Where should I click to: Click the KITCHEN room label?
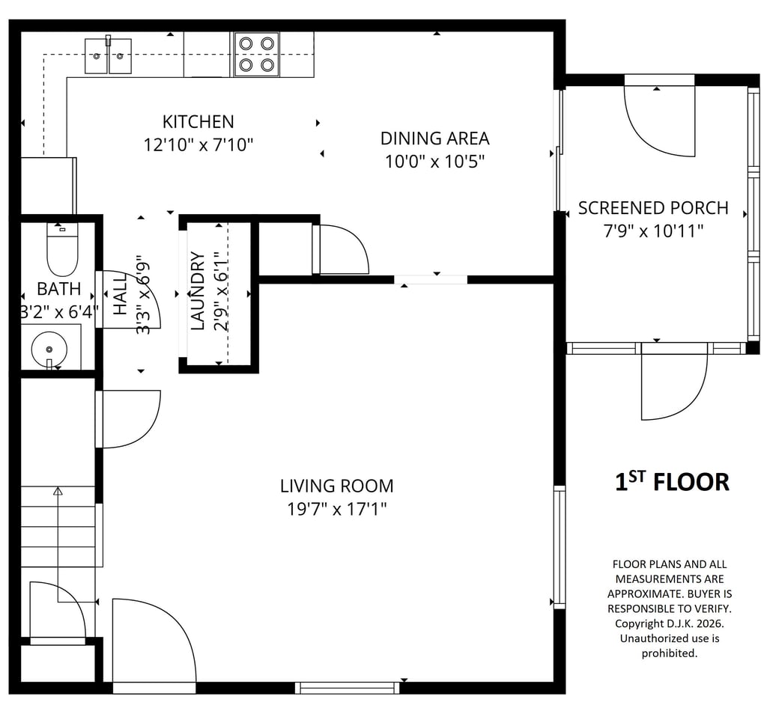pos(198,121)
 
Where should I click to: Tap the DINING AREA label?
pos(435,138)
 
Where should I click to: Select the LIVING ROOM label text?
pos(336,486)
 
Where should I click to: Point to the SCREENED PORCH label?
pos(653,208)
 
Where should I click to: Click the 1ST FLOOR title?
pos(672,481)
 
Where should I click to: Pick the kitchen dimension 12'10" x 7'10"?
pos(198,144)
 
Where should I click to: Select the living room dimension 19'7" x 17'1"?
pos(336,509)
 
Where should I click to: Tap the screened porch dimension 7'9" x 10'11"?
pos(653,231)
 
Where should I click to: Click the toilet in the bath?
pos(62,249)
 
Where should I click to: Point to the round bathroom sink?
pos(49,350)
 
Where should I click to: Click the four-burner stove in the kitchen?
pos(256,54)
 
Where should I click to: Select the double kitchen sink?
pos(108,55)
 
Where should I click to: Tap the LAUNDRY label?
pos(197,291)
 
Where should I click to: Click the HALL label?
pos(121,293)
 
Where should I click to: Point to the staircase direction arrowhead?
pos(58,491)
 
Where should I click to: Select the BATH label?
pos(59,288)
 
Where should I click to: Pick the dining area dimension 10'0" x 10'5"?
pos(435,161)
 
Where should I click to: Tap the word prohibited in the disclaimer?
pos(669,653)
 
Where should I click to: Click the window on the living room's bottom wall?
pos(348,688)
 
